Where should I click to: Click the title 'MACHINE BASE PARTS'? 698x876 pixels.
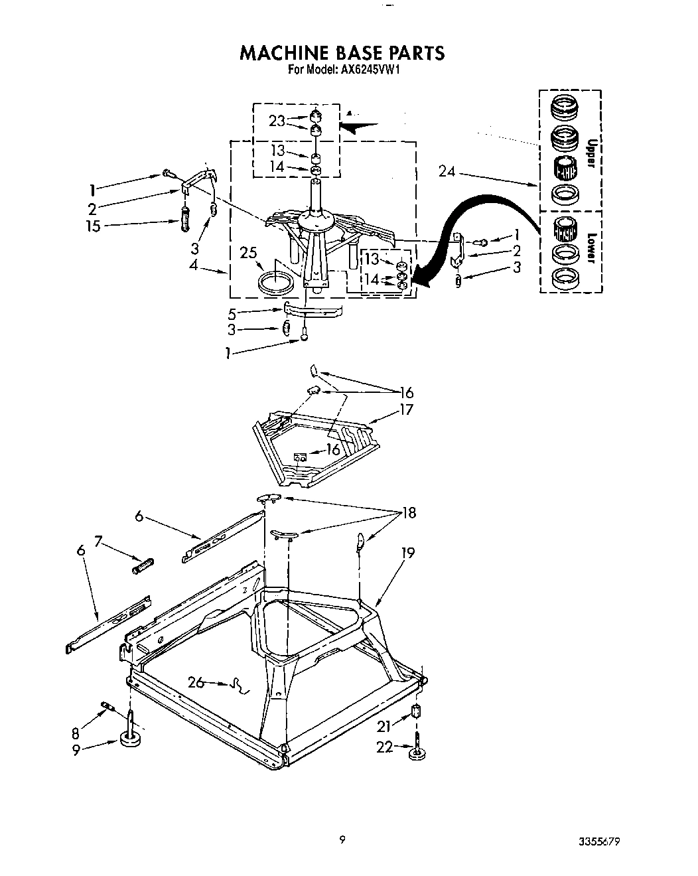click(x=341, y=53)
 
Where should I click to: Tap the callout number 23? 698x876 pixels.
click(x=277, y=121)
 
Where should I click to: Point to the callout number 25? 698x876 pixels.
click(x=248, y=253)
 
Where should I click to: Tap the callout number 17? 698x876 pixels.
click(x=405, y=409)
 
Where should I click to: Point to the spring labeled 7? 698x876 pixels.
click(x=144, y=566)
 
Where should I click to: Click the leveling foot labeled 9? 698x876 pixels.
click(x=130, y=739)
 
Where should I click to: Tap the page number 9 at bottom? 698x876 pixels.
click(x=342, y=838)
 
